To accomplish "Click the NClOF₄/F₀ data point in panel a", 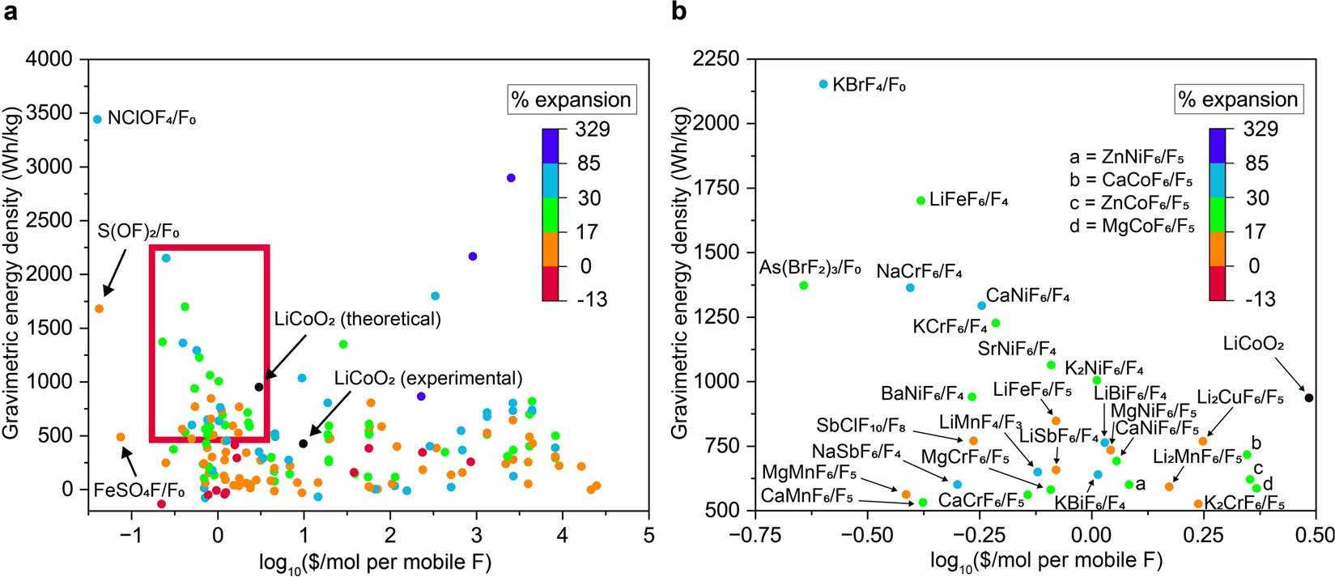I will tap(98, 119).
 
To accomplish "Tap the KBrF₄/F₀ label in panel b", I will tap(869, 84).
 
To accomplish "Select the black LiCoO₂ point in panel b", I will tap(1309, 397).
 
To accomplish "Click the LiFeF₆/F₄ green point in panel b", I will tap(920, 201).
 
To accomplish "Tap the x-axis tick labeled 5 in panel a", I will tap(648, 535).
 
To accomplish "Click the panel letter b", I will tap(681, 13).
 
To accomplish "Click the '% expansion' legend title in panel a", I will tap(572, 100).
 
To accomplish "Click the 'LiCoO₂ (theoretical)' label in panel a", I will tap(358, 319).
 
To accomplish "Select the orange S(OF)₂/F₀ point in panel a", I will tap(99, 308).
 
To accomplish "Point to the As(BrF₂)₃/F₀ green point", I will tap(803, 286).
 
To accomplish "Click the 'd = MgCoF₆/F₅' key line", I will tap(1131, 227).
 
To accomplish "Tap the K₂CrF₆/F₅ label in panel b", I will tap(1244, 503).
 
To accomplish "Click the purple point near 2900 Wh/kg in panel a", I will tap(511, 178).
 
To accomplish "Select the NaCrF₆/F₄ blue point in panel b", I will tap(910, 288).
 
